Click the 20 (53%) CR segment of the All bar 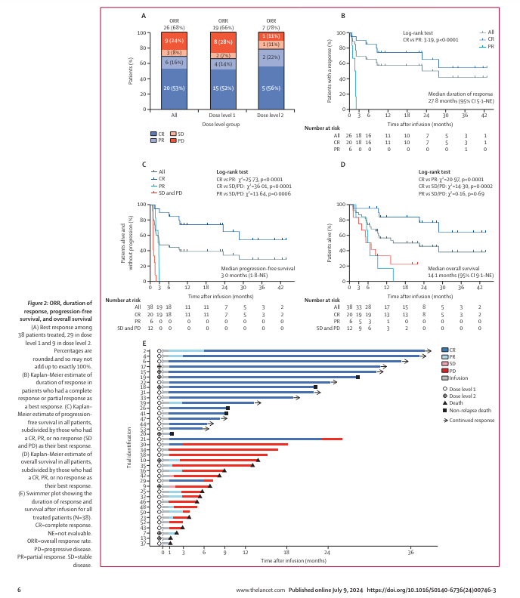tap(174, 88)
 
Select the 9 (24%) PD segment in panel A tap(174, 39)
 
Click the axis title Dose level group tap(222, 123)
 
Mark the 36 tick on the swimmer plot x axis tap(411, 553)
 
